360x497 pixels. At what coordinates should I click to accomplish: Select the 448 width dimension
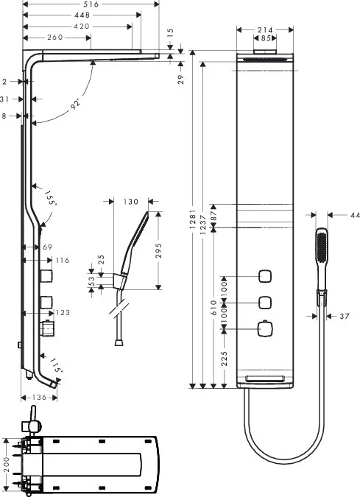point(82,15)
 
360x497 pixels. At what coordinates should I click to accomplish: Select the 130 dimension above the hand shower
point(131,201)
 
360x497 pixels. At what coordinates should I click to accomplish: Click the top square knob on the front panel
point(265,278)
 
